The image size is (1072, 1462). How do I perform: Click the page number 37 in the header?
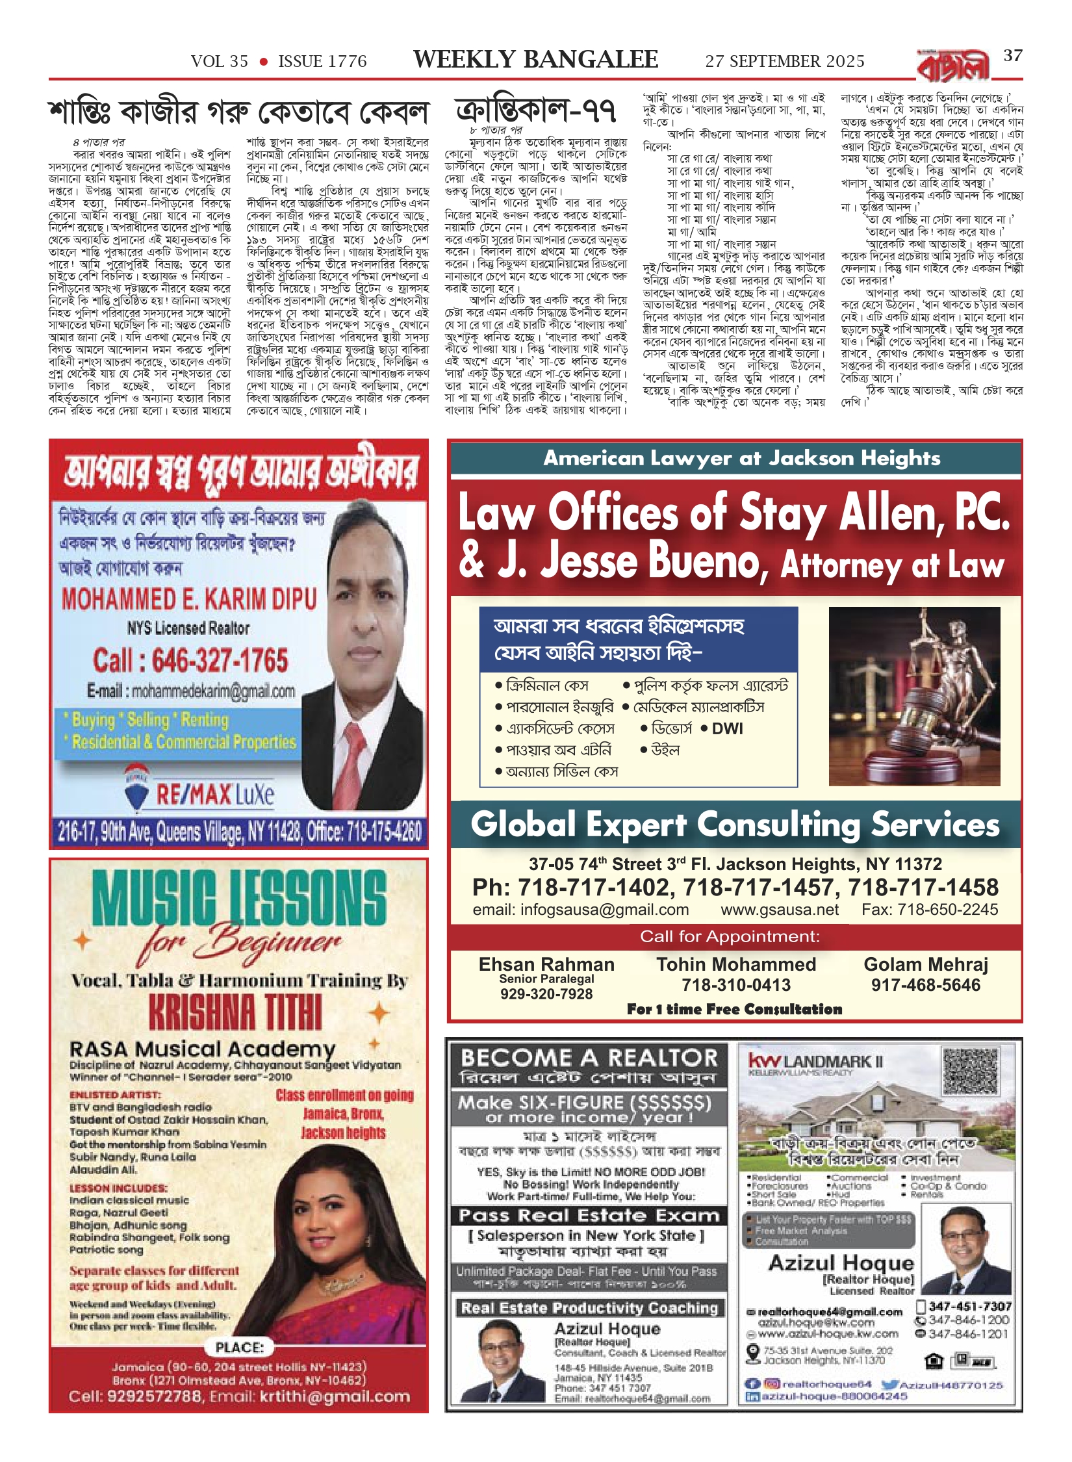coord(1013,56)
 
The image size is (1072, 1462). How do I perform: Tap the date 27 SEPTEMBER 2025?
coord(785,62)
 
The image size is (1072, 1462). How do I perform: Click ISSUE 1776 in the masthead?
coord(322,62)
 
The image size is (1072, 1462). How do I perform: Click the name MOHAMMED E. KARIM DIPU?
coord(189,599)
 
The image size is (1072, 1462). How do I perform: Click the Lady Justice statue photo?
coord(914,697)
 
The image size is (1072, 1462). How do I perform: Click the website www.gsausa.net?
coord(780,910)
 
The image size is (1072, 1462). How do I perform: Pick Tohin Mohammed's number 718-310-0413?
coord(736,985)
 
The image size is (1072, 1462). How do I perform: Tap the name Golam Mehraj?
coord(926,965)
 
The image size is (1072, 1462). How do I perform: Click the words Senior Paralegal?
coord(546,979)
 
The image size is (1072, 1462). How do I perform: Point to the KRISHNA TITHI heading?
coord(235,1012)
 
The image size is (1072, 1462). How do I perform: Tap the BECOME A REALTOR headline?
coord(589,1058)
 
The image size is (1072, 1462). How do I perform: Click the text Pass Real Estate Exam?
coord(589,1216)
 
